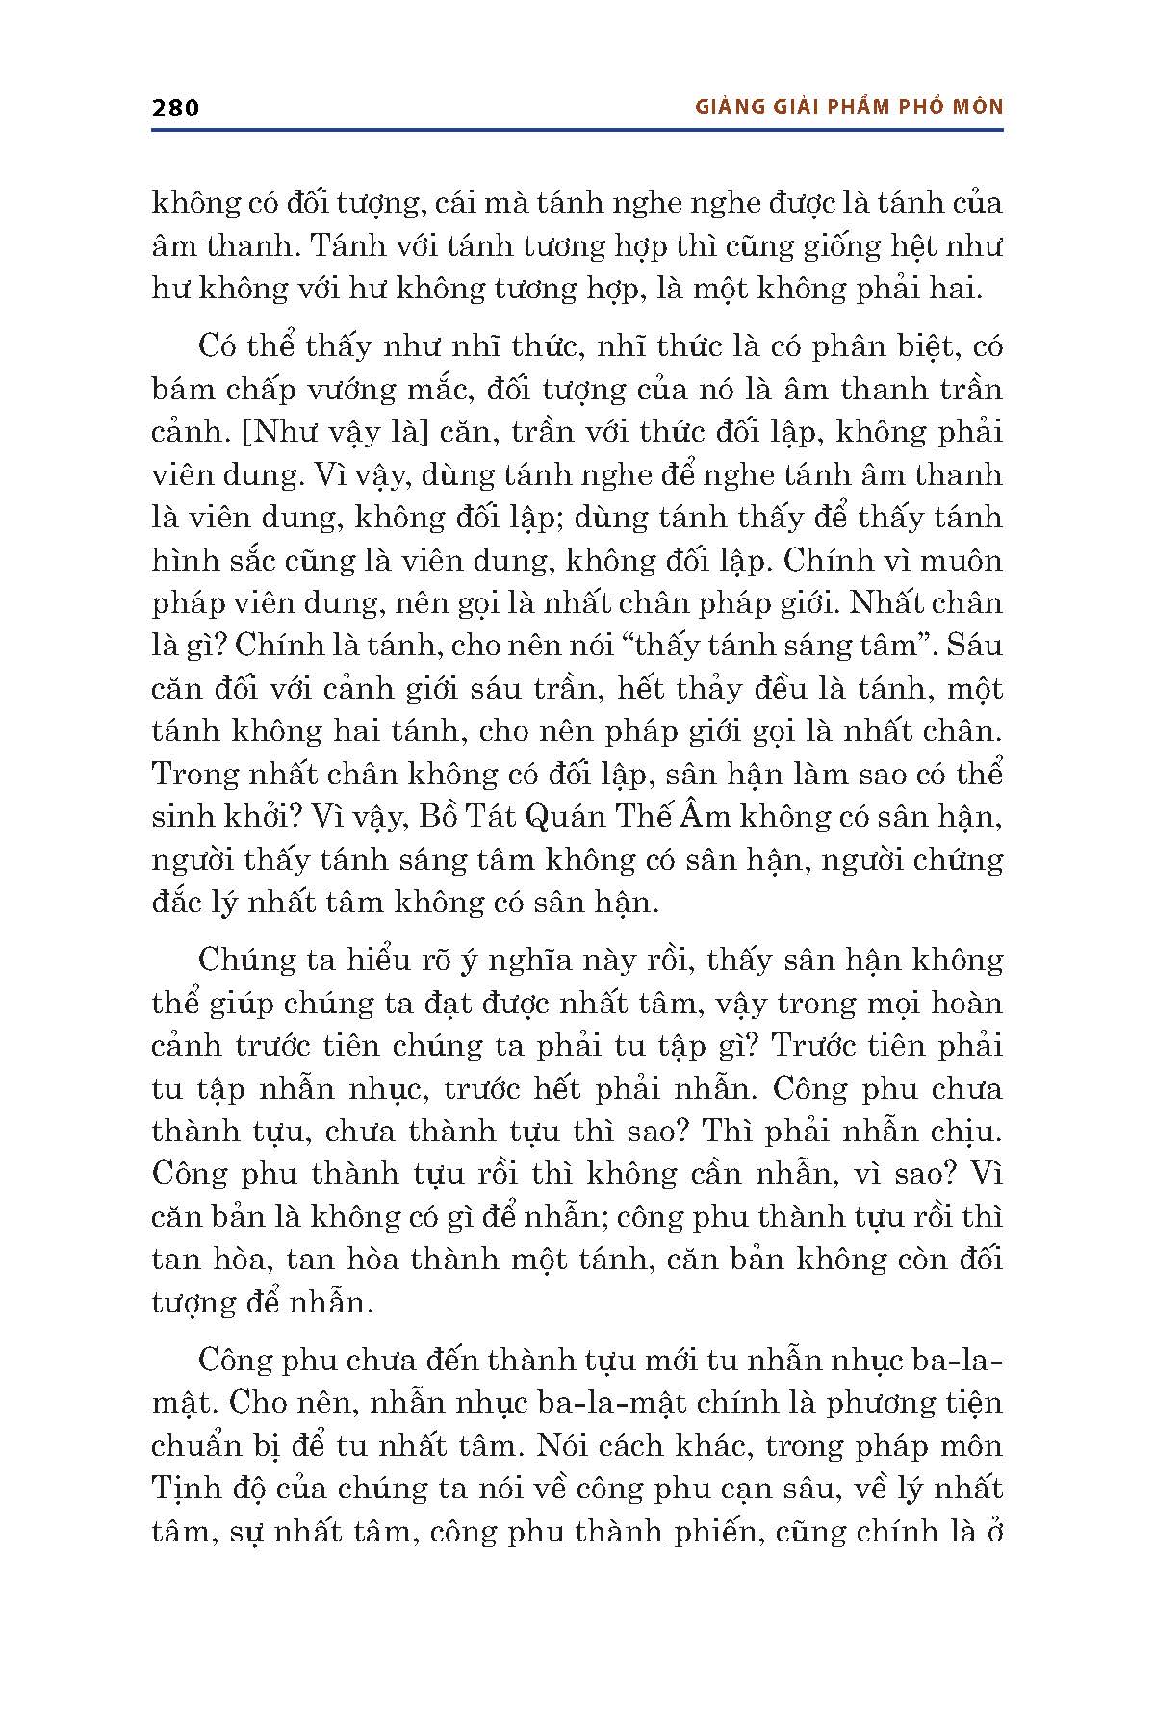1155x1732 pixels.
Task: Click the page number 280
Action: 175,107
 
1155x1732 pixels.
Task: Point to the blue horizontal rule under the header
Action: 577,129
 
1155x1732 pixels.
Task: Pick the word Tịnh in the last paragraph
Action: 184,1489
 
